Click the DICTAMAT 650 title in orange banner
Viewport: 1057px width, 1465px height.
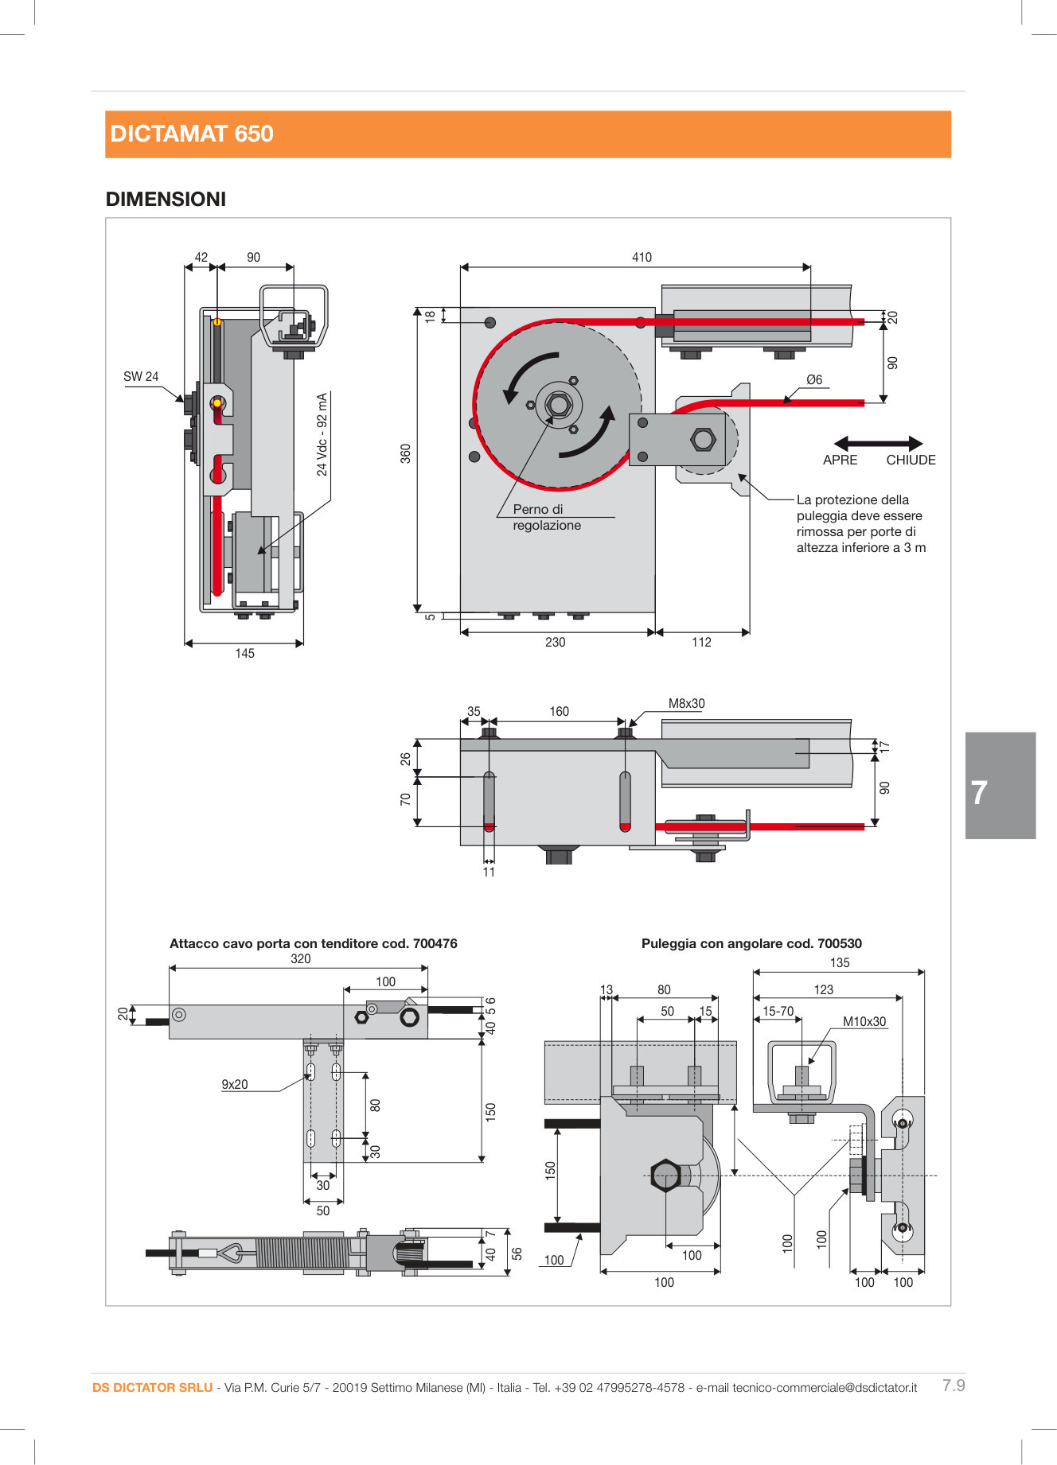pos(192,134)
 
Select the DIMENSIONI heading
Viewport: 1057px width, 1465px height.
pos(166,199)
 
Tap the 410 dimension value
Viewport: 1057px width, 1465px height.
pos(642,257)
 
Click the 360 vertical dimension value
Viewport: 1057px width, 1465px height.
pos(406,453)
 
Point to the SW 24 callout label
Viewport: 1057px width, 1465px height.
pos(141,376)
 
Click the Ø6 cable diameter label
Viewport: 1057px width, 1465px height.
pos(814,379)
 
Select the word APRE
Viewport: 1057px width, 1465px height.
pos(840,460)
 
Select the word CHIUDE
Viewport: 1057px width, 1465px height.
pos(911,460)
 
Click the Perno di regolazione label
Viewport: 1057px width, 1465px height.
pos(546,517)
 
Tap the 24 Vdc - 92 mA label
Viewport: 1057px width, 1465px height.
pos(322,434)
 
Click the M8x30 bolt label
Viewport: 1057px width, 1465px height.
pos(686,703)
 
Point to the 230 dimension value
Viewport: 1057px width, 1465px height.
pos(556,642)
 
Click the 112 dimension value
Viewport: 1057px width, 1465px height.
pos(701,642)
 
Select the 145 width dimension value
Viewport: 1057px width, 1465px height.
pos(244,653)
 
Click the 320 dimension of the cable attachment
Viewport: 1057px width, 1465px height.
pos(301,958)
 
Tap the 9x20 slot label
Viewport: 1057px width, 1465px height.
pos(235,1084)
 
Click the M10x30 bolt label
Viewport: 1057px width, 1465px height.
pos(864,1021)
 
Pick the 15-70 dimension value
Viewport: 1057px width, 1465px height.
pos(778,1011)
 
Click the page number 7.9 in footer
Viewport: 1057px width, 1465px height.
pos(954,1385)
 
